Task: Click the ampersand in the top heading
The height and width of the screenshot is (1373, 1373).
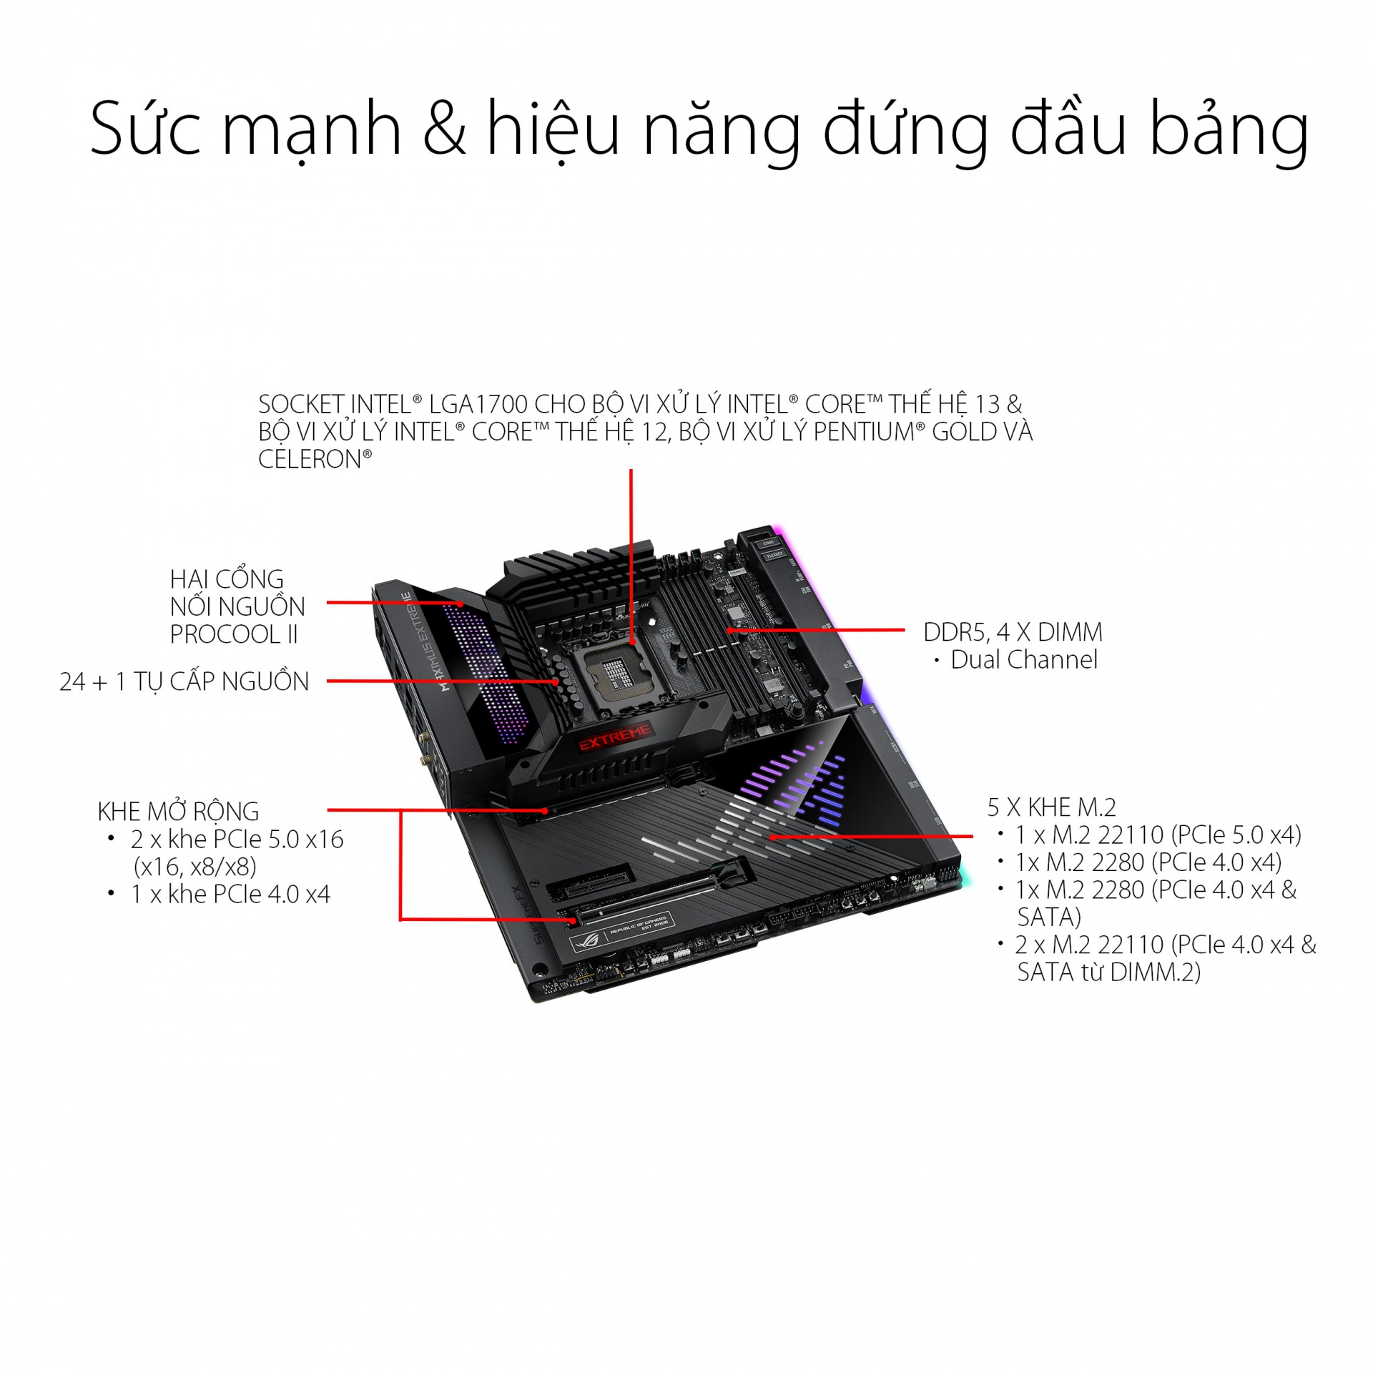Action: point(444,129)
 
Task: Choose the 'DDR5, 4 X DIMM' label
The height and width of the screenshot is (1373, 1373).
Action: point(1013,632)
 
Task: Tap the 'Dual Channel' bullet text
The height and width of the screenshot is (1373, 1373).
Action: point(1023,660)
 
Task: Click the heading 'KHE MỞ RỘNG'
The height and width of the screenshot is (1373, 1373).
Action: point(178,812)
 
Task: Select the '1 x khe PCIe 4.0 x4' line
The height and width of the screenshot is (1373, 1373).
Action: point(230,895)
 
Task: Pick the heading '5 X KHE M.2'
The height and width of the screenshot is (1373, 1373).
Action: point(1051,807)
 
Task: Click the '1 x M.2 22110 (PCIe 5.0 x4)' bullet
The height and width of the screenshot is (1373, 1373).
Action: point(1158,835)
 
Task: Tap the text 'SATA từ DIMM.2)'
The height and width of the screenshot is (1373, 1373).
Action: point(1108,973)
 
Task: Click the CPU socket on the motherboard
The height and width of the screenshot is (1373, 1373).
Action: point(616,673)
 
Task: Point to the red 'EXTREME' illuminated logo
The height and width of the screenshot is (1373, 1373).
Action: point(614,736)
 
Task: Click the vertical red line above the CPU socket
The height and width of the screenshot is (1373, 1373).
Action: point(631,543)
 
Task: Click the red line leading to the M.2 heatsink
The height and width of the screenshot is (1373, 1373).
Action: point(872,835)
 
